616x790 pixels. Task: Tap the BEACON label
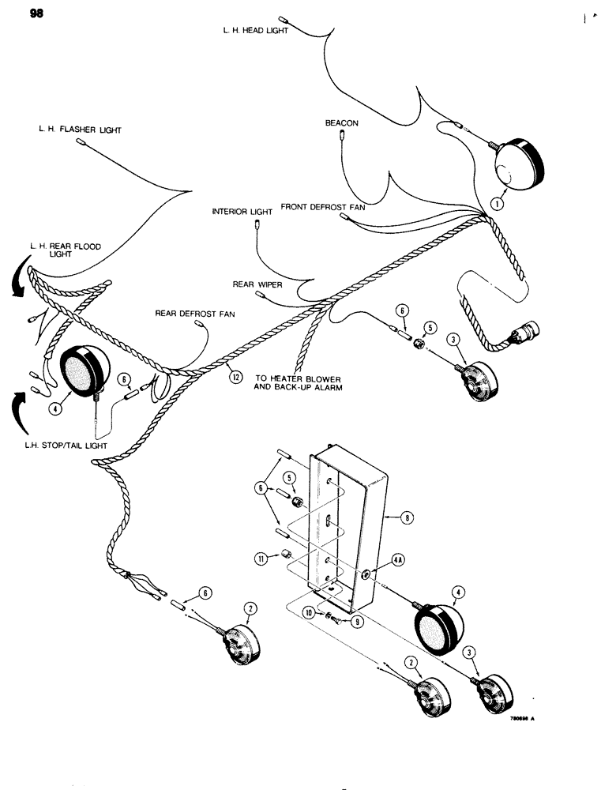click(x=341, y=124)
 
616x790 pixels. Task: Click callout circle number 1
click(x=496, y=203)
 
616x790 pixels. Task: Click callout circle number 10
click(x=310, y=613)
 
